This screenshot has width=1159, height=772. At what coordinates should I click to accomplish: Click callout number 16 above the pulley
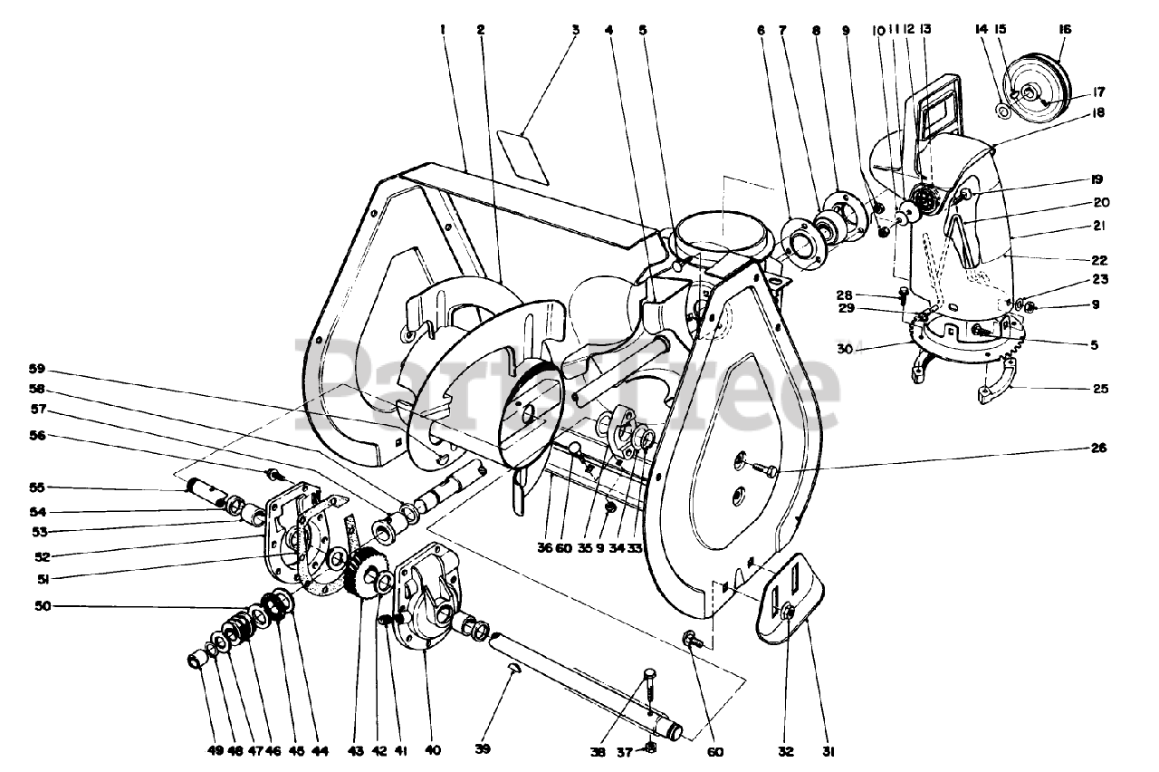coord(1064,29)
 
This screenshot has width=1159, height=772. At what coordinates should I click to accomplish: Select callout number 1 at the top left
coord(444,29)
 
